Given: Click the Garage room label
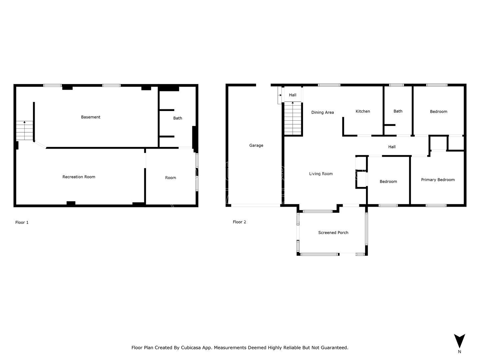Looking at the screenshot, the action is click(256, 145).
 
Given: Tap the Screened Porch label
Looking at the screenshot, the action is click(333, 233).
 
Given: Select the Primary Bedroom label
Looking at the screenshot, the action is click(438, 180).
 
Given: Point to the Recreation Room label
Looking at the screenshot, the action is click(79, 177).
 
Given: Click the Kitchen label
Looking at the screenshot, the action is click(363, 111).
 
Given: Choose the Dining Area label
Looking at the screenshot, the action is click(323, 112).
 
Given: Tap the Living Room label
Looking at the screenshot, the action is click(321, 174).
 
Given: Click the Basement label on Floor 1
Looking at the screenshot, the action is click(91, 117).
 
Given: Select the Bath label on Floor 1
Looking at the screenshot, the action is click(178, 118).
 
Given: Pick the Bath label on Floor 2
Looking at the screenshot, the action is click(398, 111).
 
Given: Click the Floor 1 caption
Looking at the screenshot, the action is click(22, 223).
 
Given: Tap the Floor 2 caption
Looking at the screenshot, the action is click(239, 222).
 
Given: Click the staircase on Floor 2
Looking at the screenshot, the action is click(293, 118).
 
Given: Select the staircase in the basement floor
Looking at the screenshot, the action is click(24, 130).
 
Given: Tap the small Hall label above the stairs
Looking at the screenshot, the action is click(293, 95).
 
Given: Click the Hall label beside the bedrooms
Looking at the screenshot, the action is click(392, 147).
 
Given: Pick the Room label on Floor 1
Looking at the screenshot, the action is click(171, 178).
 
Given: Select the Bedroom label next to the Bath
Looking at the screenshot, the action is click(438, 111).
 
